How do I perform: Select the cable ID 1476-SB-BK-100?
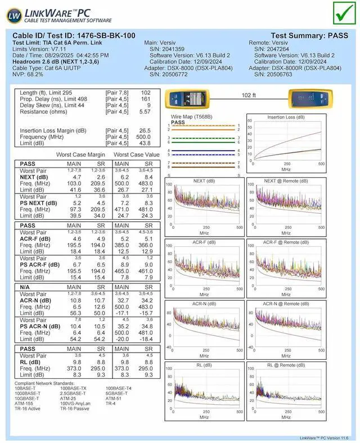74,35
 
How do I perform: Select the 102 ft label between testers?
249,96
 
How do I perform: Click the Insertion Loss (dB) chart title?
286,117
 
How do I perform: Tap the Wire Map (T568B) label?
191,117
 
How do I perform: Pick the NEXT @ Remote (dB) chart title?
286,181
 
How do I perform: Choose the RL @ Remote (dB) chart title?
286,365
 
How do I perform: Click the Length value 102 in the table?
146,92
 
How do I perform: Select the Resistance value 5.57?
145,112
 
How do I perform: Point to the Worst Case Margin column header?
81,154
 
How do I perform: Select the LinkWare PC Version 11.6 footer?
327,437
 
